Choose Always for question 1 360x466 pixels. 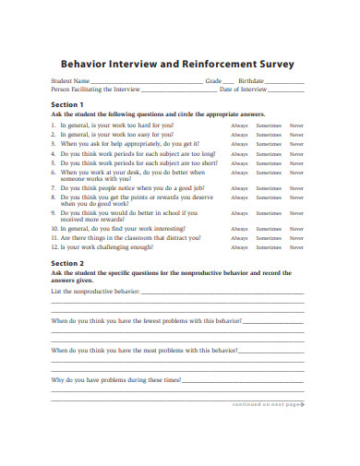(240, 124)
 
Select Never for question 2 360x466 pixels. (296, 134)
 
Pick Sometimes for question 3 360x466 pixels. (269, 144)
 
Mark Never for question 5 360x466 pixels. (296, 163)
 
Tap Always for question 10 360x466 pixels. (240, 228)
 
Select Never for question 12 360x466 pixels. (296, 247)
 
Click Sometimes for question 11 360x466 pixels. (269, 238)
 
